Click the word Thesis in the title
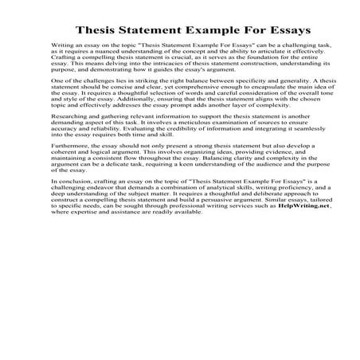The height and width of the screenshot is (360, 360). pyautogui.click(x=100, y=31)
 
